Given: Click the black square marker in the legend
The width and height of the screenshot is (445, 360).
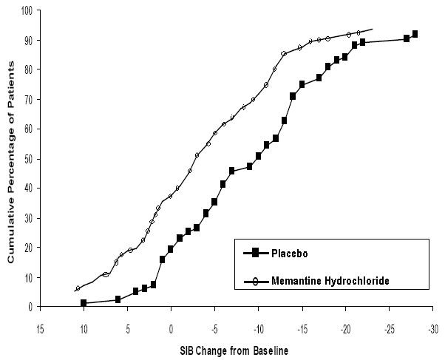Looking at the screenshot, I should [x=255, y=253].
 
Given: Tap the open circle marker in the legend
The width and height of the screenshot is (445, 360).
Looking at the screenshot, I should [x=255, y=280].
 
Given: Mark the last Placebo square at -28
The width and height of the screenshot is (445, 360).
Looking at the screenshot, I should [x=415, y=34].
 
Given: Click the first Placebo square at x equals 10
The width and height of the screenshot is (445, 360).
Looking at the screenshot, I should [x=84, y=303].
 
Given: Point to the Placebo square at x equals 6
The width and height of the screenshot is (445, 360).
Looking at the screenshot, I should [x=118, y=299].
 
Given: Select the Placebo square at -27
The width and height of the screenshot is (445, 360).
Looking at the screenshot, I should [x=407, y=38].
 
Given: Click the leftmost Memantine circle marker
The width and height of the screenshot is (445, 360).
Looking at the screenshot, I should [x=78, y=288].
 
